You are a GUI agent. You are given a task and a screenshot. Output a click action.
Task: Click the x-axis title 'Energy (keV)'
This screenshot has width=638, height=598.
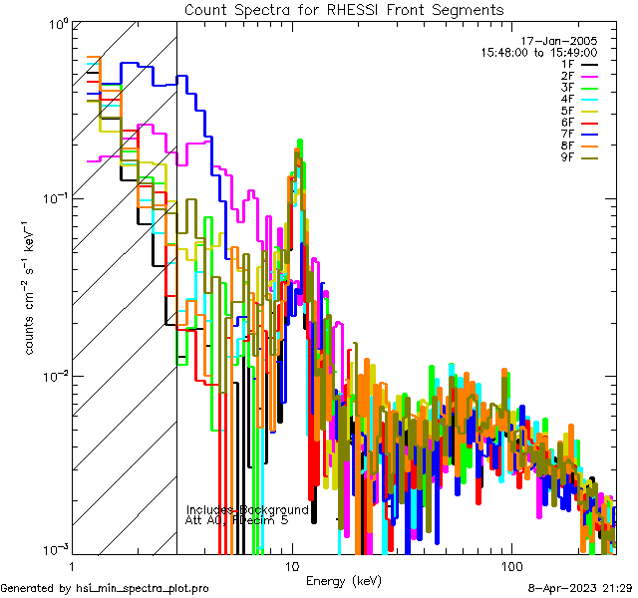tap(344, 580)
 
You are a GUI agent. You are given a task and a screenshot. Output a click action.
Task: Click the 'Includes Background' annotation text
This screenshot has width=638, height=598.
tap(247, 509)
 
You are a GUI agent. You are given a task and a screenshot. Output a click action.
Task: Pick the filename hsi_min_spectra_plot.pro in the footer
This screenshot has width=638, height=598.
tap(143, 589)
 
